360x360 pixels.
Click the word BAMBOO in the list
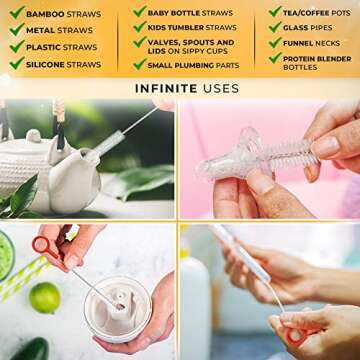click(x=45, y=14)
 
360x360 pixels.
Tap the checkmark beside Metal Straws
click(x=17, y=30)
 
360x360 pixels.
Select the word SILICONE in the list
click(x=45, y=64)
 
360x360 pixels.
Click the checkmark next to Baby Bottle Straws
click(x=140, y=12)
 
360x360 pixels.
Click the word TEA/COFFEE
click(x=303, y=13)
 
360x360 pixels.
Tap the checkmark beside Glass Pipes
click(x=275, y=27)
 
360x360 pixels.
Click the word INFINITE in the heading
click(x=166, y=88)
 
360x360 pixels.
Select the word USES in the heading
click(x=220, y=88)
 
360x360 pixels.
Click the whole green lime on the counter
click(x=45, y=297)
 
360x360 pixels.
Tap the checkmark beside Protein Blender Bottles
click(x=275, y=58)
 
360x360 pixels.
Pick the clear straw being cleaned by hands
click(x=242, y=252)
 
